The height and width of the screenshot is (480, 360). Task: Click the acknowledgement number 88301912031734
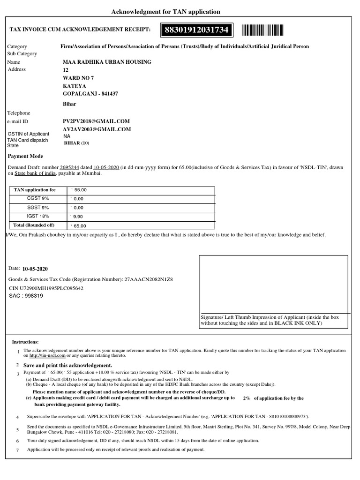tap(196, 30)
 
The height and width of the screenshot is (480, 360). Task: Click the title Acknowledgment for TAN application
tap(165, 11)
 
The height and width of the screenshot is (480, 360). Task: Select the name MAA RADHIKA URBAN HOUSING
tap(107, 62)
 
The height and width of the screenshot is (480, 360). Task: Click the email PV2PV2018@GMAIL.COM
tap(97, 121)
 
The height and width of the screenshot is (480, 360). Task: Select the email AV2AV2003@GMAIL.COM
tap(97, 129)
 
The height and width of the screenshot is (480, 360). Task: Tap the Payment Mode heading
tap(26, 156)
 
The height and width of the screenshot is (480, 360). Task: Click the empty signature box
tap(273, 284)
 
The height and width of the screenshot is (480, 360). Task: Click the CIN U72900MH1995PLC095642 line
tap(46, 288)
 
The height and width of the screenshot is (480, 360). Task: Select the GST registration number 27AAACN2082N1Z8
tap(148, 279)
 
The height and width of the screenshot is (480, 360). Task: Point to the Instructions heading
tap(25, 342)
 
